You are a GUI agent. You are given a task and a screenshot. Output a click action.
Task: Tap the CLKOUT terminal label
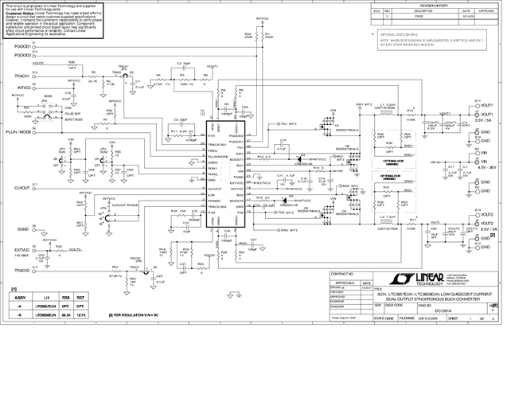[22, 186]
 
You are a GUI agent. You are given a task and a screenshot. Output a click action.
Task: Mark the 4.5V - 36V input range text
[485, 168]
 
